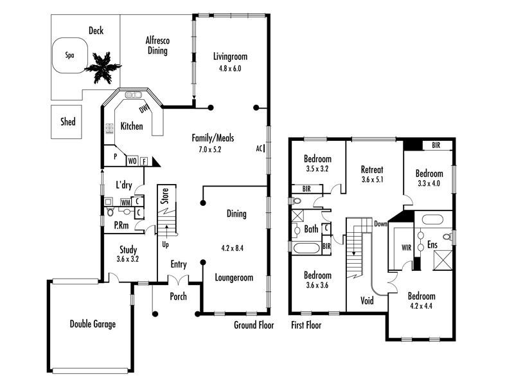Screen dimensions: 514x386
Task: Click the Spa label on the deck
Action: click(69, 55)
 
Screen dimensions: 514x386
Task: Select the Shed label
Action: click(68, 122)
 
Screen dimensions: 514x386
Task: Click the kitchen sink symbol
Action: click(134, 95)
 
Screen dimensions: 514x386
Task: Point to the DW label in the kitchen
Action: click(143, 109)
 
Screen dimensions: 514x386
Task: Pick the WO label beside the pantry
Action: click(132, 161)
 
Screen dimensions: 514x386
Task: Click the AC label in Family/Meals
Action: click(260, 149)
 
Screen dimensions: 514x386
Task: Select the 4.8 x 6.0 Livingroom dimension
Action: click(230, 69)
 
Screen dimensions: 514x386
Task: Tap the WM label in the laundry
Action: click(125, 203)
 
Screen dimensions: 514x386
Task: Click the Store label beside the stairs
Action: click(165, 196)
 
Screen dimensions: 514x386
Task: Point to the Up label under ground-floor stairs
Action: click(166, 244)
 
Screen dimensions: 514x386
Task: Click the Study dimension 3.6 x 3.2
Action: click(127, 259)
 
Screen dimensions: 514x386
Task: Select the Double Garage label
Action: click(93, 324)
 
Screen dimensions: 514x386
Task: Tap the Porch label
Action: click(179, 297)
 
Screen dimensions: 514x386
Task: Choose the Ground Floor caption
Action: click(254, 325)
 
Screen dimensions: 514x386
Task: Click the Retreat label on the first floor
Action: click(372, 169)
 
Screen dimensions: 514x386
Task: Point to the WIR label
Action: click(407, 248)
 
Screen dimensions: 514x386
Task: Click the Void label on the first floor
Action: click(367, 300)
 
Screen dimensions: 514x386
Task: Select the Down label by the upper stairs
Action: click(380, 224)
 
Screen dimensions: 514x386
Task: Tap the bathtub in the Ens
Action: click(432, 219)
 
